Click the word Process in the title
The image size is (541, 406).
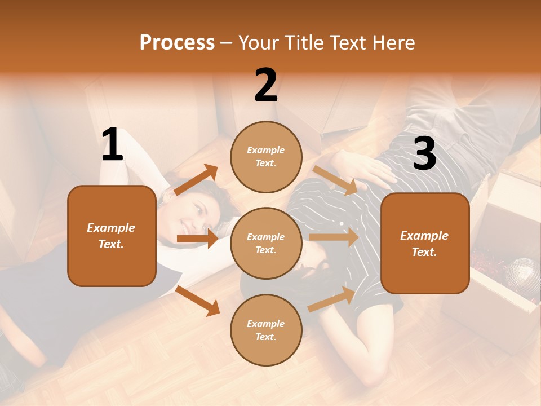coord(177,42)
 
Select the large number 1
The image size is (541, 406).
coord(112,145)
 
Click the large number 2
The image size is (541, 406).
coord(266,85)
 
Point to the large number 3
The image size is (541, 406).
coord(424,153)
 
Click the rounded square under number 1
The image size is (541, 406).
coord(112,236)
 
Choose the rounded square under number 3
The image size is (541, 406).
coord(425,244)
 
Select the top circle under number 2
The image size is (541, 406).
coord(266,157)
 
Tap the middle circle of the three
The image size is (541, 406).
coord(266,243)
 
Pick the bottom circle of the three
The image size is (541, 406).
coord(266,330)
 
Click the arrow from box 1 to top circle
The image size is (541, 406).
coord(196,180)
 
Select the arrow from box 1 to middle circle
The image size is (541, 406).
coord(197,239)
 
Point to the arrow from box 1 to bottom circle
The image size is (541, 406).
coord(197,301)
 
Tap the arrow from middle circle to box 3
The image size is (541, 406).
coord(334,237)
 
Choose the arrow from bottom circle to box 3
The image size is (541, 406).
coord(332,299)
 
